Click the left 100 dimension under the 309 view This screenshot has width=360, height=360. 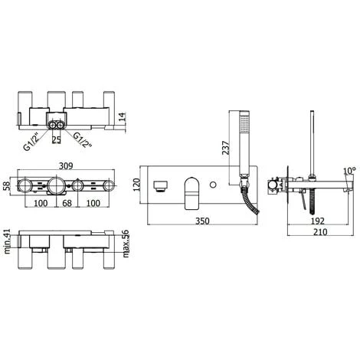tap(41, 204)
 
